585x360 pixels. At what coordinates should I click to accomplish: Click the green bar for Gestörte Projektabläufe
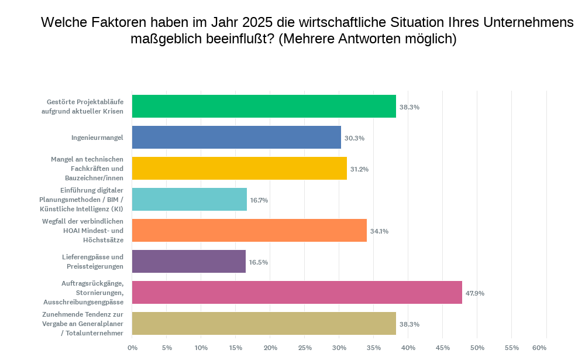264,107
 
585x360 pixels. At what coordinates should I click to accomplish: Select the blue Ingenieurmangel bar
236,138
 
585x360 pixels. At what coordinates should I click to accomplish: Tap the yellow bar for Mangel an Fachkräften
239,169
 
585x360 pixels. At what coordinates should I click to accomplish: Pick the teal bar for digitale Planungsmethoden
190,200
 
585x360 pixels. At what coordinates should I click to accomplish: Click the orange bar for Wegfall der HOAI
249,231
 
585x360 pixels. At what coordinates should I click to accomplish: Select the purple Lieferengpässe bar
189,262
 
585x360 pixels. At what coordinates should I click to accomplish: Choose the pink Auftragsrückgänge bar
297,293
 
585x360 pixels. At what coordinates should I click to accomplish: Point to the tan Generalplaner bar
264,324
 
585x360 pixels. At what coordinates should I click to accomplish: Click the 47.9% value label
475,293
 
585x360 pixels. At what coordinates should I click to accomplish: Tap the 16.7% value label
259,200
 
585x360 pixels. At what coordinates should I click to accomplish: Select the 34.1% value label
379,231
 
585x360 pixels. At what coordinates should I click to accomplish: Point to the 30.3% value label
355,138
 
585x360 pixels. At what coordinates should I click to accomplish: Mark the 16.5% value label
259,262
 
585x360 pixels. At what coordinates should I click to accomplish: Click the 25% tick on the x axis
305,348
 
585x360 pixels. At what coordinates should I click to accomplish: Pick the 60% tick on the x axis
546,348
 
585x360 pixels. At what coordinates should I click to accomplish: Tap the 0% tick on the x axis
132,348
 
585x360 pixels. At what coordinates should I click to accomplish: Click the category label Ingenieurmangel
97,138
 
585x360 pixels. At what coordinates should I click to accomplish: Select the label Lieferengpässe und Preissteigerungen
92,262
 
